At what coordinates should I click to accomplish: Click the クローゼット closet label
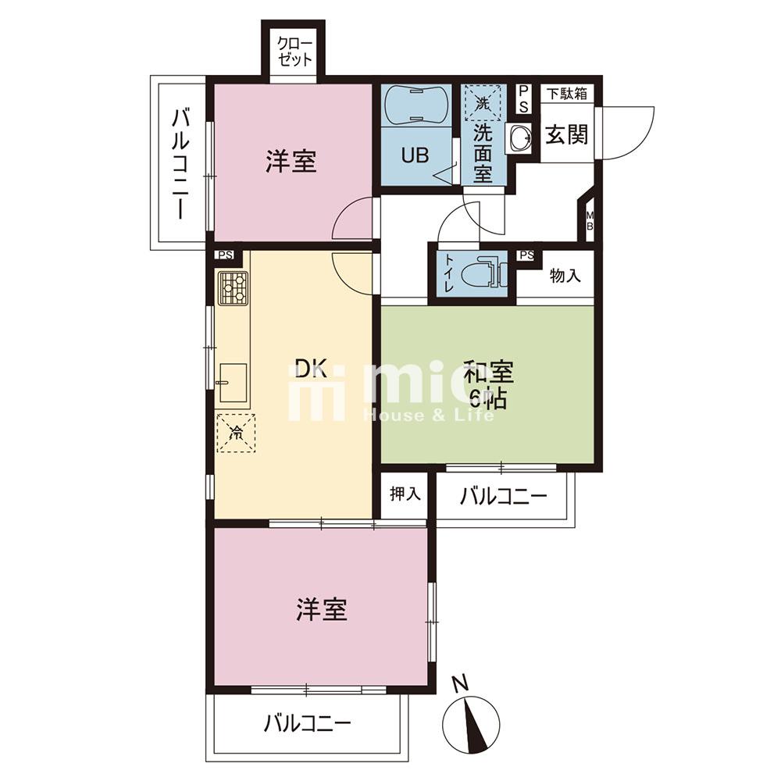[x=295, y=52]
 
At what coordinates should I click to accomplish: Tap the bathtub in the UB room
[x=415, y=105]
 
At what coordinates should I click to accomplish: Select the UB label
[x=415, y=156]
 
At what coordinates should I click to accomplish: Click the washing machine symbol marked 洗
[x=482, y=103]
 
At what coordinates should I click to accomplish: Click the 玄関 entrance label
[x=567, y=134]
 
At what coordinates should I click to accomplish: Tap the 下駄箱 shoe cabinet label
[x=567, y=94]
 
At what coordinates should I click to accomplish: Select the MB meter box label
[x=590, y=220]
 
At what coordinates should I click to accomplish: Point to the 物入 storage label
[x=565, y=276]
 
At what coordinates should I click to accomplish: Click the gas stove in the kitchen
[x=233, y=287]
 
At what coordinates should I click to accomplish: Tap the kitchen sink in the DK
[x=233, y=383]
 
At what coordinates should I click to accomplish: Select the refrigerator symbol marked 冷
[x=236, y=433]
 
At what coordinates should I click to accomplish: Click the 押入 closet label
[x=405, y=494]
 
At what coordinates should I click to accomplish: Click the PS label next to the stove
[x=226, y=255]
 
